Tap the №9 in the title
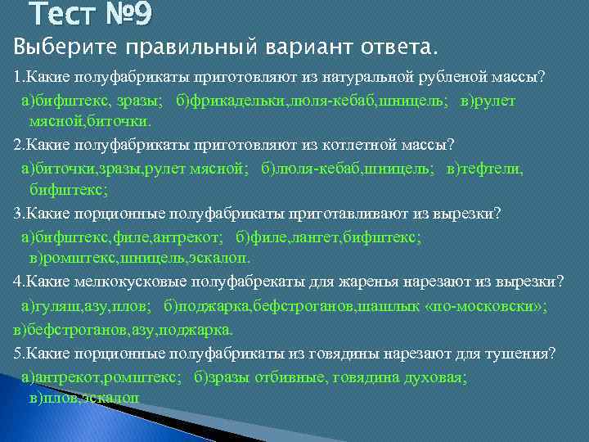pyautogui.click(x=124, y=15)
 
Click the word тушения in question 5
pyautogui.click(x=516, y=353)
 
